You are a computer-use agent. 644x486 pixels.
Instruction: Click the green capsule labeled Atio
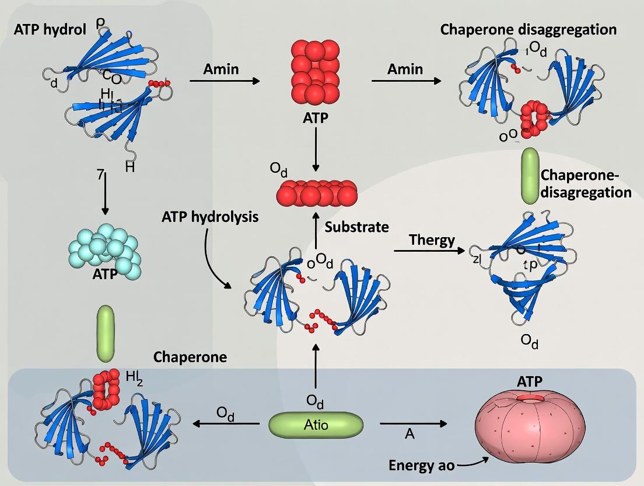pyautogui.click(x=316, y=425)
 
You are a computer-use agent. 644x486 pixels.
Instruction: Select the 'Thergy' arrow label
pyautogui.click(x=432, y=240)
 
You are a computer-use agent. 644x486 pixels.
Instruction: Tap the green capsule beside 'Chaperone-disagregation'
pyautogui.click(x=530, y=176)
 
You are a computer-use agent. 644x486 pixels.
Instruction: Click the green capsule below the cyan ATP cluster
pyautogui.click(x=106, y=333)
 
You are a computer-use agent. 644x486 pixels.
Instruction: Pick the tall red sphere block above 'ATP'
pyautogui.click(x=315, y=73)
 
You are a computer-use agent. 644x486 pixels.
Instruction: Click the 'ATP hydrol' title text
pyautogui.click(x=50, y=29)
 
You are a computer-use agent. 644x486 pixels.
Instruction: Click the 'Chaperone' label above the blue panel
pyautogui.click(x=190, y=357)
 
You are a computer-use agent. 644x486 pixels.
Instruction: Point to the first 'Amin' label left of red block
pyautogui.click(x=221, y=69)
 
